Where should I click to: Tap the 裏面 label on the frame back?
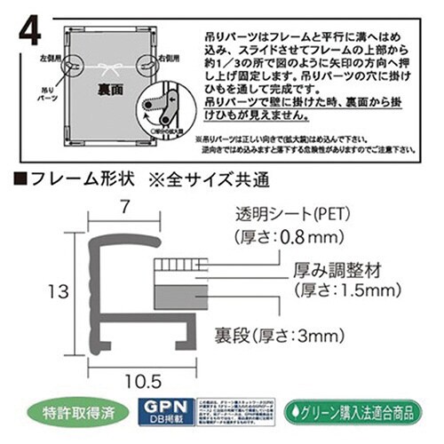pyautogui.click(x=107, y=90)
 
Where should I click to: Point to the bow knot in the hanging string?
pyautogui.click(x=108, y=67)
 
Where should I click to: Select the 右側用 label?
pyautogui.click(x=167, y=59)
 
